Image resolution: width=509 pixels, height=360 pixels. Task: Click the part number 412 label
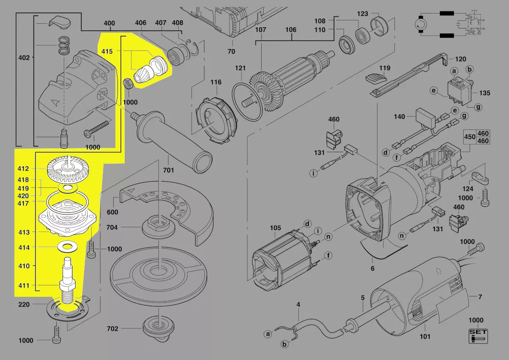pos(23,168)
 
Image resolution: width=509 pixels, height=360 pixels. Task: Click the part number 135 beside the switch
pos(484,92)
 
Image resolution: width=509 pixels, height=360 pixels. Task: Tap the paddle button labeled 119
pos(376,78)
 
